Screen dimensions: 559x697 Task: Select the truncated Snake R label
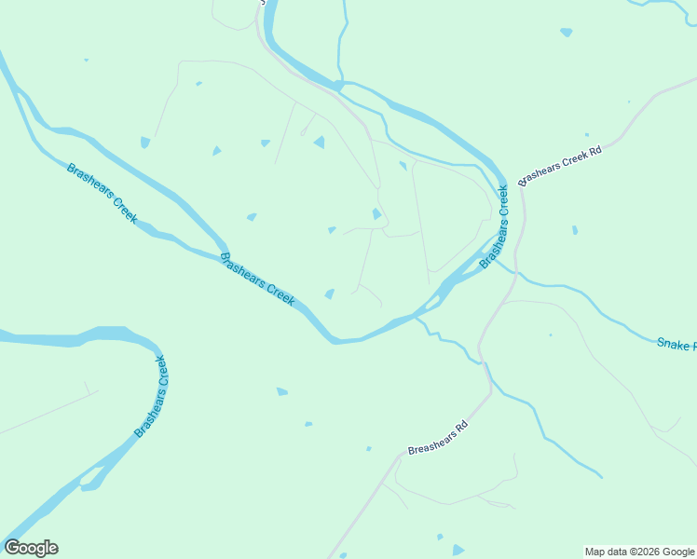pos(676,344)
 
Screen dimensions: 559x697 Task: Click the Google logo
pos(31,548)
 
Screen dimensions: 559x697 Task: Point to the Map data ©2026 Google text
pos(639,552)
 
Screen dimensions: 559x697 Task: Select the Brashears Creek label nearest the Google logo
pos(151,396)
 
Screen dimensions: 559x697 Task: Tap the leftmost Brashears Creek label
pos(102,193)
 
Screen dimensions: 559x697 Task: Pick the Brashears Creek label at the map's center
pos(257,279)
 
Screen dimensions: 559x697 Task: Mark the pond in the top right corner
pos(567,33)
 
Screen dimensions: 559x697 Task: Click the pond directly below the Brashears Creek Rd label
pos(575,230)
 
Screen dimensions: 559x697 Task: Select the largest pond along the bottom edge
pos(458,551)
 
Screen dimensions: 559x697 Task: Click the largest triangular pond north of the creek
pos(319,142)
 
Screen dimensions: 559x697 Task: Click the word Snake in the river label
pos(671,343)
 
